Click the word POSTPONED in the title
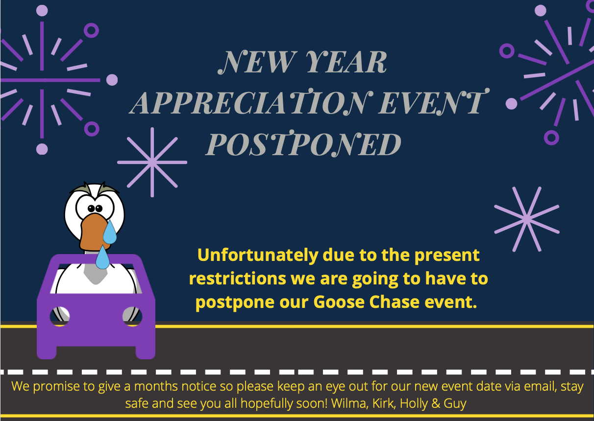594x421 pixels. [x=303, y=143]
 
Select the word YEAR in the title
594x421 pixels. [x=346, y=62]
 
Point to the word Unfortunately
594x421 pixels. [x=257, y=255]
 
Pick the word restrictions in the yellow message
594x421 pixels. [x=237, y=279]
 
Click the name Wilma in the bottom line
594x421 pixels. [x=350, y=403]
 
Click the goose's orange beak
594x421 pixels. [x=94, y=233]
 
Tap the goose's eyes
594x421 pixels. [x=95, y=208]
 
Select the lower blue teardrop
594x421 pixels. [x=102, y=257]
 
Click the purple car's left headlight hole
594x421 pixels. [x=60, y=316]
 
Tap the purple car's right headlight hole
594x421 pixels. [x=132, y=316]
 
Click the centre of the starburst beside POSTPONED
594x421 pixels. [x=152, y=163]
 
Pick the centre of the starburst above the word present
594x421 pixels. [x=527, y=219]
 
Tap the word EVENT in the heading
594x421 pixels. [x=434, y=102]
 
